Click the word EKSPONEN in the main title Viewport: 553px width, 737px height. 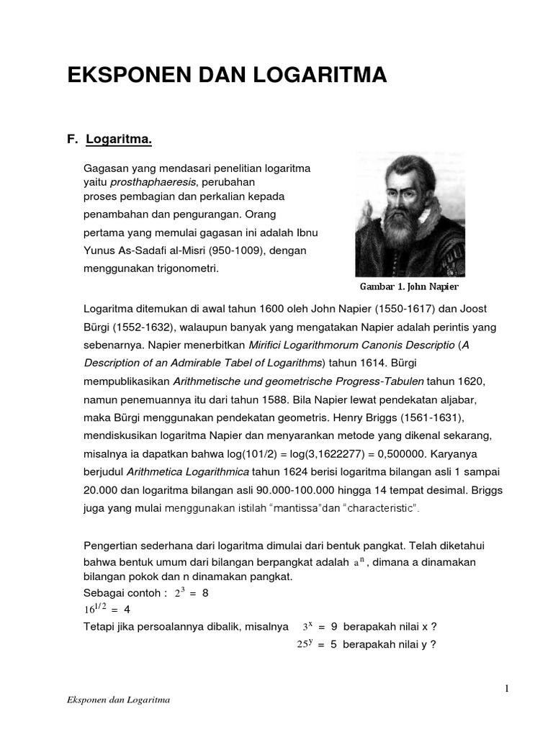(x=122, y=74)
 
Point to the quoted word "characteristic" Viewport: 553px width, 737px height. (x=379, y=509)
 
